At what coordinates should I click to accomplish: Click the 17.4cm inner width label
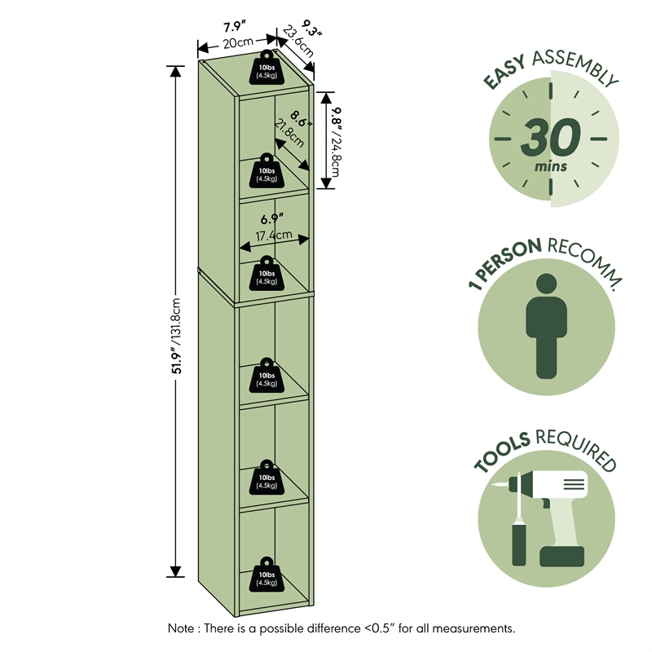(274, 236)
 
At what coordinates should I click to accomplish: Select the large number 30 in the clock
(552, 136)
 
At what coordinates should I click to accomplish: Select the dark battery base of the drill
(562, 556)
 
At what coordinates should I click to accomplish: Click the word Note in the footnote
(182, 628)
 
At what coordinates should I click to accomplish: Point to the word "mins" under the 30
(551, 167)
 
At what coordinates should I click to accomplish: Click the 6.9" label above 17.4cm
(272, 218)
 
